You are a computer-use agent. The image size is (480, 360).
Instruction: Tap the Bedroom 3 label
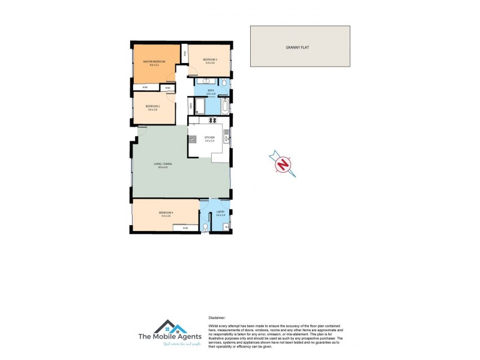[209, 59]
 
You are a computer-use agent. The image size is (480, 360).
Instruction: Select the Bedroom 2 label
[152, 106]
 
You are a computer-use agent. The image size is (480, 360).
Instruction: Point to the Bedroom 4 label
[166, 213]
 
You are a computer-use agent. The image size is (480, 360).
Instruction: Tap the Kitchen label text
[209, 137]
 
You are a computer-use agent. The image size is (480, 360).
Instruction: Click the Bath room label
[211, 91]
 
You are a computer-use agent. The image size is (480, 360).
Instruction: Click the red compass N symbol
[283, 163]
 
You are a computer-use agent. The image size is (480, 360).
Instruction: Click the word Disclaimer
[217, 318]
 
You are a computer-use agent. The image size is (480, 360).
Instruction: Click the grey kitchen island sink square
[193, 139]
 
